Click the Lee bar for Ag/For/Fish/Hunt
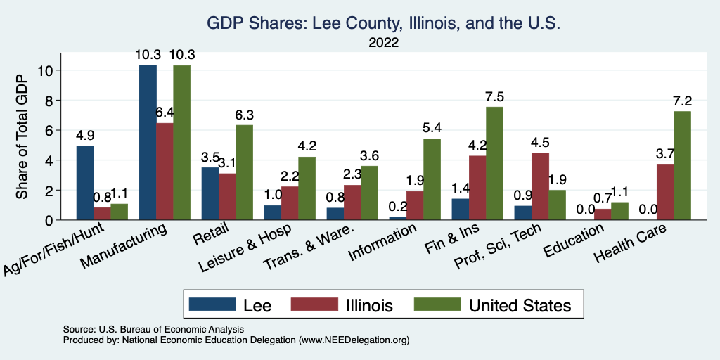point(85,183)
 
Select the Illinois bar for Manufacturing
point(165,172)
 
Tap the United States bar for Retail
point(244,172)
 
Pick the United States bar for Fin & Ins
point(495,163)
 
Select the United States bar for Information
point(432,179)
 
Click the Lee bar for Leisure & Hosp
point(272,212)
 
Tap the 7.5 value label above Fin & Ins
point(495,96)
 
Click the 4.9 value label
point(85,135)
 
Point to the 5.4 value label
point(432,128)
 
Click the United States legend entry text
point(520,304)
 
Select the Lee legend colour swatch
point(212,304)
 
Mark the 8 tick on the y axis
point(48,101)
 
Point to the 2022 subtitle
point(383,43)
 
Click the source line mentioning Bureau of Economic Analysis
point(153,329)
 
